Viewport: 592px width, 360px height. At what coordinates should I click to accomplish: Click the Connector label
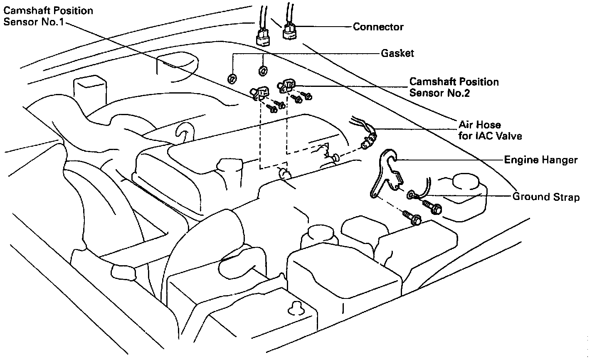(378, 27)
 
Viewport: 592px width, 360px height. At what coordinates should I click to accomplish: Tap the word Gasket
(397, 54)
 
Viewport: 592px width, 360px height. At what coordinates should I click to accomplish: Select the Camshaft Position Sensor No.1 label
(48, 16)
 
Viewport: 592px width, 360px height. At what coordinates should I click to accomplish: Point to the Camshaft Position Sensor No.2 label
(454, 87)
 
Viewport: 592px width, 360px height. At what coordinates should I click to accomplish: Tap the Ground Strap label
(546, 197)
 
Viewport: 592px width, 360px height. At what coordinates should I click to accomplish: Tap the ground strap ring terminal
(411, 194)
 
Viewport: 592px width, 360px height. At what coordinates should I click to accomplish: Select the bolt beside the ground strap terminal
(432, 207)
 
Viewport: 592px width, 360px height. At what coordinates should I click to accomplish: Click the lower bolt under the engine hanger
(412, 218)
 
